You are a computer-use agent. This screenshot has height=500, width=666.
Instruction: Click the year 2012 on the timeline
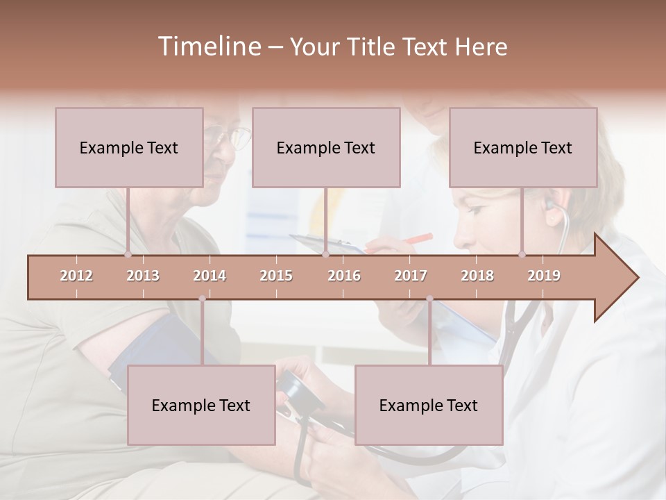tap(76, 276)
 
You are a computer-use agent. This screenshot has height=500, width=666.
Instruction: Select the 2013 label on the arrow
tap(143, 276)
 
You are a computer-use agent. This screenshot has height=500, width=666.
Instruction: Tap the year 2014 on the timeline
tap(210, 276)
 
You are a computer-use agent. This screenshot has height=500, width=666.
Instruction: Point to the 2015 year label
tap(276, 276)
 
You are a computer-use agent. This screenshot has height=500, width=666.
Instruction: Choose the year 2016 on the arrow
tap(344, 276)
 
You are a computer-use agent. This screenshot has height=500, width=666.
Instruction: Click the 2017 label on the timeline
tap(411, 276)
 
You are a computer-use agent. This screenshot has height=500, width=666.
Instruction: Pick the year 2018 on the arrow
tap(477, 276)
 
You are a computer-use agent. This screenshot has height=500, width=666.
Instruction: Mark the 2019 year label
tap(544, 276)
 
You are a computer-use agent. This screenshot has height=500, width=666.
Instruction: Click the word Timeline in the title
tap(208, 47)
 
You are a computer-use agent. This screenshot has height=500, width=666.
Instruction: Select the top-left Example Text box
tap(129, 147)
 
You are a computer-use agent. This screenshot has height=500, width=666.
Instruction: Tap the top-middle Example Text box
tap(326, 147)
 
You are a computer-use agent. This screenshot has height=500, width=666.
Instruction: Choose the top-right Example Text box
tap(523, 147)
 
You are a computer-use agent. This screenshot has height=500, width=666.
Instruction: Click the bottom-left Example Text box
tap(201, 405)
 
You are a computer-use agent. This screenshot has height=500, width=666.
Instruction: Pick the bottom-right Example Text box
tap(429, 405)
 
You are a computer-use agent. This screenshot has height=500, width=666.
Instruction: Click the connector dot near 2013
tap(128, 254)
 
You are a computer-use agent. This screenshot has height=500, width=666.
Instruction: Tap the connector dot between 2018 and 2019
tap(522, 254)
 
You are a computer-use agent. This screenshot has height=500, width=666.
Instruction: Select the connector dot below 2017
tap(429, 299)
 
